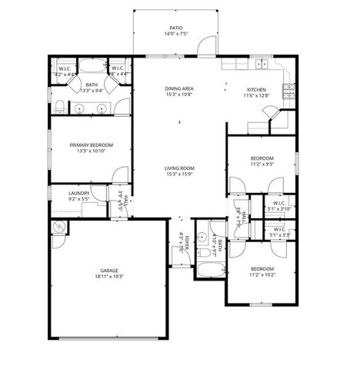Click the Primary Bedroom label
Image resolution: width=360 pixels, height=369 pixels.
point(92,145)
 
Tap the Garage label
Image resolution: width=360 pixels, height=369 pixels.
point(108,271)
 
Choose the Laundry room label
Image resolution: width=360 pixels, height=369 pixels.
point(79,194)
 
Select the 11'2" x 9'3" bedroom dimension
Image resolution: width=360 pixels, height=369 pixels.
point(260,164)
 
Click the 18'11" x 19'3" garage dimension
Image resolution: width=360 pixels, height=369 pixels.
point(108,277)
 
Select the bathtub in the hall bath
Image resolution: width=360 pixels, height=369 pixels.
point(209,271)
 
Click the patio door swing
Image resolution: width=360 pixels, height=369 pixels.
point(202,48)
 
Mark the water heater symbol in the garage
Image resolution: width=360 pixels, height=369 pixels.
point(58,228)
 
